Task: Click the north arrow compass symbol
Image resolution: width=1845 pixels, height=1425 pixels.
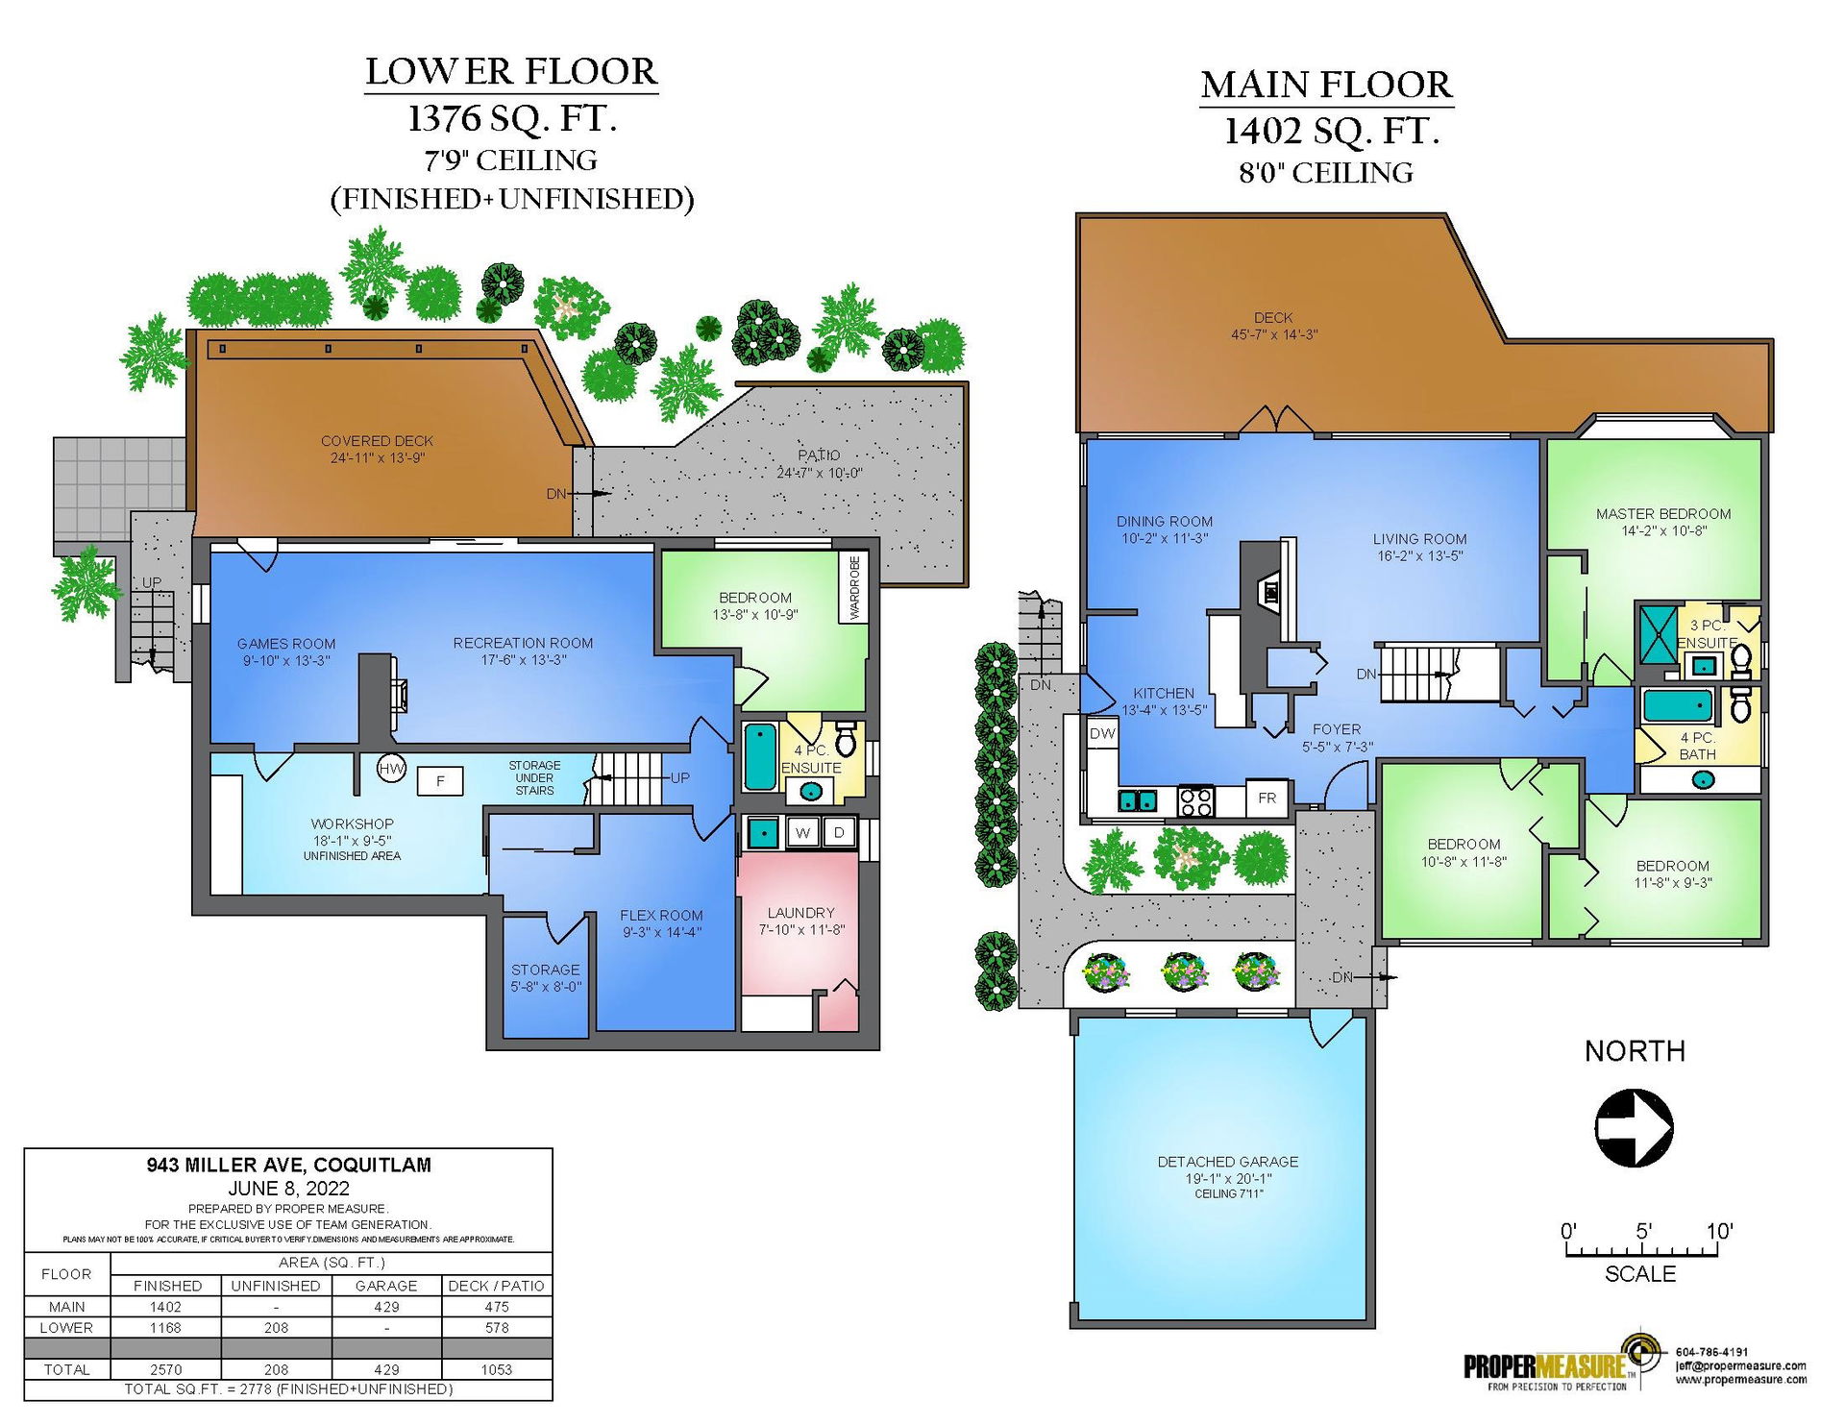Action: tap(1634, 1128)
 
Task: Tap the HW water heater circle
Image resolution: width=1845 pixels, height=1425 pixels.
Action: tap(391, 769)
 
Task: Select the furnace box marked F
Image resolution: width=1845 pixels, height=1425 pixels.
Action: tap(440, 781)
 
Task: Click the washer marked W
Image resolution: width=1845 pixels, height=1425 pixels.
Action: tap(802, 832)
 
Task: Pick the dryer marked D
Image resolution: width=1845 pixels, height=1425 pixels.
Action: tap(839, 832)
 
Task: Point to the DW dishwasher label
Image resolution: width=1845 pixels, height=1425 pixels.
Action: tap(1102, 733)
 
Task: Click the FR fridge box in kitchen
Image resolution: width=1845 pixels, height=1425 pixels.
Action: tap(1267, 798)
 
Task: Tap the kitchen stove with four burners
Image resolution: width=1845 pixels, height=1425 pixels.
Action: tap(1196, 800)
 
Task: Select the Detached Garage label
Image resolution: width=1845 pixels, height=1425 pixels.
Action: tap(1227, 1162)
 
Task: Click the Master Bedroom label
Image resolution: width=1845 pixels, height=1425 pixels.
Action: tap(1663, 514)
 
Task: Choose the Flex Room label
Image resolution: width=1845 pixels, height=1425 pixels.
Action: tap(661, 916)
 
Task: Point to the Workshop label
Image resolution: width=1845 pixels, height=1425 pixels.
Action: tap(352, 823)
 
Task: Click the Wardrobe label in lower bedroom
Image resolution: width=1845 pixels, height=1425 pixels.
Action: tap(854, 587)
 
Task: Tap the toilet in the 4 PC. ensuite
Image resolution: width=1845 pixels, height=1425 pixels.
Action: tap(846, 739)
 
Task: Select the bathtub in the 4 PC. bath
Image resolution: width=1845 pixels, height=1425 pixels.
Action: tap(1678, 705)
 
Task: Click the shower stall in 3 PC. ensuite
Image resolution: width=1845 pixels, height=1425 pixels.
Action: tap(1658, 634)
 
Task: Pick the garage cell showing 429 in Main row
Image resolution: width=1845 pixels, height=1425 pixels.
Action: tap(386, 1307)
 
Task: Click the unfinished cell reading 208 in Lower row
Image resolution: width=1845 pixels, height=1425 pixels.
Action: tap(276, 1328)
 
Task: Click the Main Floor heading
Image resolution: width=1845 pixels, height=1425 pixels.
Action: tap(1326, 85)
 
